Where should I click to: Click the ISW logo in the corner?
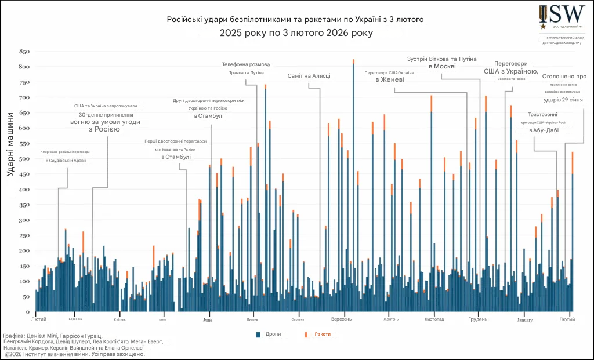[x=560, y=16]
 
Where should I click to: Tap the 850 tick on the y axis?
[x=24, y=52]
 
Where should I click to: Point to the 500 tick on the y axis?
[x=24, y=159]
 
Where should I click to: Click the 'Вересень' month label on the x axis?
[x=341, y=319]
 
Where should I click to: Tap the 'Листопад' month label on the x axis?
[x=434, y=319]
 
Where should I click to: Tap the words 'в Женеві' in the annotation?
[x=389, y=80]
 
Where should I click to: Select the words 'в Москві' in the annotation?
[x=442, y=67]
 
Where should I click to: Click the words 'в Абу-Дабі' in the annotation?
[x=544, y=130]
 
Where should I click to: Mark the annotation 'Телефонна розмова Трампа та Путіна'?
[x=246, y=68]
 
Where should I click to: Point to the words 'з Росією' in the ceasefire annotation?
[x=104, y=129]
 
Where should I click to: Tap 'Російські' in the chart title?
[x=184, y=19]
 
